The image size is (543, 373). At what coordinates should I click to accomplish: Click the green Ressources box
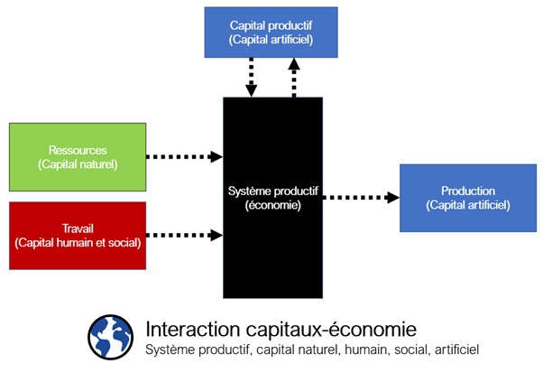pyautogui.click(x=78, y=156)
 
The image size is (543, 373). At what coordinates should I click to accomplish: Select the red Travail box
pyautogui.click(x=78, y=235)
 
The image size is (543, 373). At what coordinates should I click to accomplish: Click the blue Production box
pyautogui.click(x=467, y=197)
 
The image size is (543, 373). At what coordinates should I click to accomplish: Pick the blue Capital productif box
pyautogui.click(x=271, y=32)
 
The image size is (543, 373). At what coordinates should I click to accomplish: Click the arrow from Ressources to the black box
pyautogui.click(x=185, y=156)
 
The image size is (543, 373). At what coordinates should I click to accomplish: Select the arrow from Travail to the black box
pyautogui.click(x=185, y=236)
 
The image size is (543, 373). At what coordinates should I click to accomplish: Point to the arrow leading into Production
pyautogui.click(x=361, y=197)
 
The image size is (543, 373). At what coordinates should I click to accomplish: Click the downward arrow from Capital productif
pyautogui.click(x=252, y=78)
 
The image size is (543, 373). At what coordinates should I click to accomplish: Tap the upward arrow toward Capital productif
pyautogui.click(x=293, y=78)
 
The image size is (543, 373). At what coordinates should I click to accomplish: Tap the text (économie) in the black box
pyautogui.click(x=272, y=205)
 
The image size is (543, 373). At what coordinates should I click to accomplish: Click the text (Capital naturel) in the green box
pyautogui.click(x=78, y=163)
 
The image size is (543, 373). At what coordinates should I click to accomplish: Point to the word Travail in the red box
pyautogui.click(x=78, y=228)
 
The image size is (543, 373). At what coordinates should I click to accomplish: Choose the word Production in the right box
pyautogui.click(x=467, y=191)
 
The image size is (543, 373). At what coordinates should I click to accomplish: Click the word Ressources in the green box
pyautogui.click(x=78, y=150)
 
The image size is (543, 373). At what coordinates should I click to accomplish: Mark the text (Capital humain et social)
pyautogui.click(x=78, y=242)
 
